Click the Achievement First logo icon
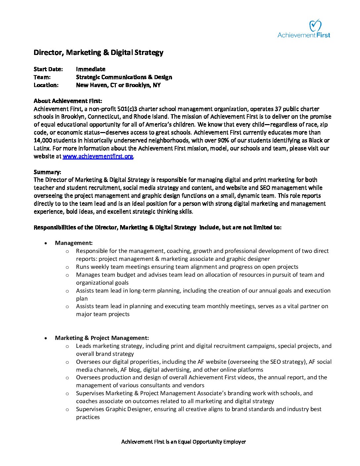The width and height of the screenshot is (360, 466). (315, 25)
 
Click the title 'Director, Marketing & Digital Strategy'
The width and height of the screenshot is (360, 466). (98, 53)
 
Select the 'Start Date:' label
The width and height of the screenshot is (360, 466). (48, 69)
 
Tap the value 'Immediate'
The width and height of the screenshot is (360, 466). (91, 69)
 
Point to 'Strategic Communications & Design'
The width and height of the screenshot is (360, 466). (124, 77)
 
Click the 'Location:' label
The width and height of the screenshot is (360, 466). (46, 85)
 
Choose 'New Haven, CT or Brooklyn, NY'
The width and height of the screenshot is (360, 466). (118, 85)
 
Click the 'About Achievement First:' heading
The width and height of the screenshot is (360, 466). (68, 101)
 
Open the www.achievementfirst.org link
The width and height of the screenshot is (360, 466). (98, 156)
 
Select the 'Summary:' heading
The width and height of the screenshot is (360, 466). (47, 172)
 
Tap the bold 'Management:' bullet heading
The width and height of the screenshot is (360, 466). (74, 243)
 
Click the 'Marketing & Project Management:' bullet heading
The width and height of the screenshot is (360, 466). (102, 338)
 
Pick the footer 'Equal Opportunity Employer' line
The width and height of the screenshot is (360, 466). (184, 442)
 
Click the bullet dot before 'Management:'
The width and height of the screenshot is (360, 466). (46, 243)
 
